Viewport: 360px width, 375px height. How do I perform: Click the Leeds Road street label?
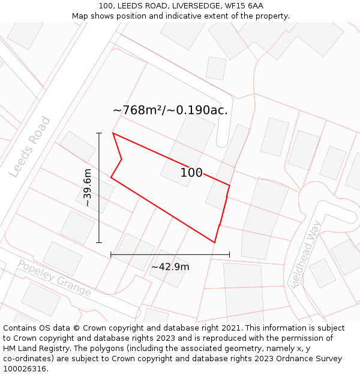pyautogui.click(x=30, y=147)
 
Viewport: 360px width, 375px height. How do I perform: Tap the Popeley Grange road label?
pyautogui.click(x=54, y=278)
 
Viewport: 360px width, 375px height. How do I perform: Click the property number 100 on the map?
pyautogui.click(x=191, y=173)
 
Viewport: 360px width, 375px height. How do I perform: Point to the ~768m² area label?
pyautogui.click(x=170, y=110)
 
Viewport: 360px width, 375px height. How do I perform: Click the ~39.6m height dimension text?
pyautogui.click(x=88, y=188)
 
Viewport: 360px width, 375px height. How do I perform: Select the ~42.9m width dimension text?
pyautogui.click(x=170, y=267)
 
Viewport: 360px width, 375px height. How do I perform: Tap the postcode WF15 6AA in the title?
pyautogui.click(x=244, y=6)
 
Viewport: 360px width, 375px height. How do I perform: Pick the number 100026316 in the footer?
pyautogui.click(x=24, y=369)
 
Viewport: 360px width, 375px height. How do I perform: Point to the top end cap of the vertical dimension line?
pyautogui.click(x=99, y=133)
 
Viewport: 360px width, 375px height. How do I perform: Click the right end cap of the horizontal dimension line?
pyautogui.click(x=229, y=254)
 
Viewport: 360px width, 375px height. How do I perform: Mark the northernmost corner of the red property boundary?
pyautogui.click(x=113, y=133)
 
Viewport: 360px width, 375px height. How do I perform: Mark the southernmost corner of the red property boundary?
pyautogui.click(x=214, y=242)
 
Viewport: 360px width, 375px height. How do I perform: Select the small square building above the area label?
pyautogui.click(x=216, y=68)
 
